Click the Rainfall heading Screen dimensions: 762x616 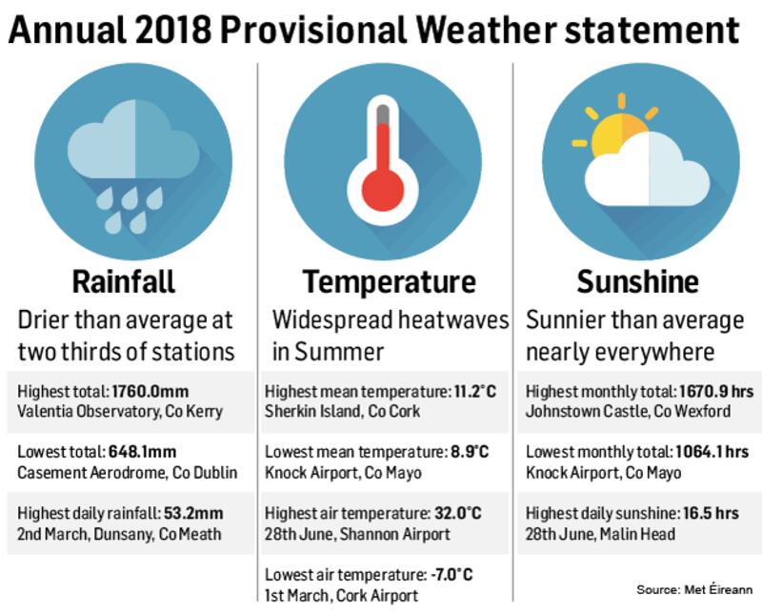click(124, 281)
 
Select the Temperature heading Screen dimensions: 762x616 click(389, 282)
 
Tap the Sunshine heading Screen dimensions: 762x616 click(637, 281)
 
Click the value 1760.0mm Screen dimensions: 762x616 click(150, 392)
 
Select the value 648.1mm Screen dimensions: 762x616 click(142, 452)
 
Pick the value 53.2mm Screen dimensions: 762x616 click(193, 513)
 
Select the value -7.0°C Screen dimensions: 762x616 click(451, 575)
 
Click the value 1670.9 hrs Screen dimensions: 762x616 click(716, 392)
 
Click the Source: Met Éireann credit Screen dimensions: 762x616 click(694, 589)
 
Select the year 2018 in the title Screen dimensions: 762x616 click(173, 31)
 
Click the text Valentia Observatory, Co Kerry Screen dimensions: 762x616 click(120, 412)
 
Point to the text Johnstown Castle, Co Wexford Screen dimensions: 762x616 click(628, 412)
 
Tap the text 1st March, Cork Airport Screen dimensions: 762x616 click(341, 595)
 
